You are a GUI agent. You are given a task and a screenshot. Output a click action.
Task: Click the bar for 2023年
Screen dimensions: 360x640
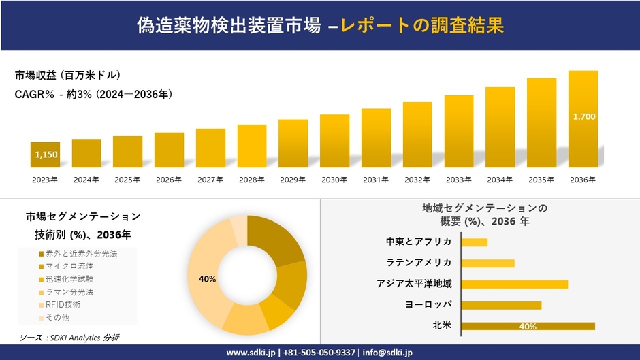click(x=45, y=154)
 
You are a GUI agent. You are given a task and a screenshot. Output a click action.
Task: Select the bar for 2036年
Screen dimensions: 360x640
click(x=583, y=118)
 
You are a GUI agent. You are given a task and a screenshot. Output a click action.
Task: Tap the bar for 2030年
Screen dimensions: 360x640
click(x=334, y=140)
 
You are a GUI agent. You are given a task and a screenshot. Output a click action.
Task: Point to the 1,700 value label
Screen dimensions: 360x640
click(x=583, y=117)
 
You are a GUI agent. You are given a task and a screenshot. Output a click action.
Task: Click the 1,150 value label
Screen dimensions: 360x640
click(x=46, y=155)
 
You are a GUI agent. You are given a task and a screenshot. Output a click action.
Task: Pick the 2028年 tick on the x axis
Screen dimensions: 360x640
click(x=251, y=180)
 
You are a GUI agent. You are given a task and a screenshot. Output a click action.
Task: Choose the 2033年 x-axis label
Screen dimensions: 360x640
click(x=458, y=180)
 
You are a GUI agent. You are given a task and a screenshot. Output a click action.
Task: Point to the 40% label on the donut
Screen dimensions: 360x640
click(x=207, y=279)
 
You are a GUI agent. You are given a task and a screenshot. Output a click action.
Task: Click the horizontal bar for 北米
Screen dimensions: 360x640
click(x=528, y=326)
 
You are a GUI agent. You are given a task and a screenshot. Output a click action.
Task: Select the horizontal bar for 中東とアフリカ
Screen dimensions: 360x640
click(x=475, y=242)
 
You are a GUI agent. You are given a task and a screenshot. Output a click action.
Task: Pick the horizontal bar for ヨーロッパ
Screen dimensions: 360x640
click(x=501, y=305)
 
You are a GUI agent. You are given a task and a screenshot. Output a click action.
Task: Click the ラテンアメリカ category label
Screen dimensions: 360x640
click(x=419, y=263)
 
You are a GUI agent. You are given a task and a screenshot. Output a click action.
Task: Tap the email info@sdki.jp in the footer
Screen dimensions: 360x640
click(x=383, y=353)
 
